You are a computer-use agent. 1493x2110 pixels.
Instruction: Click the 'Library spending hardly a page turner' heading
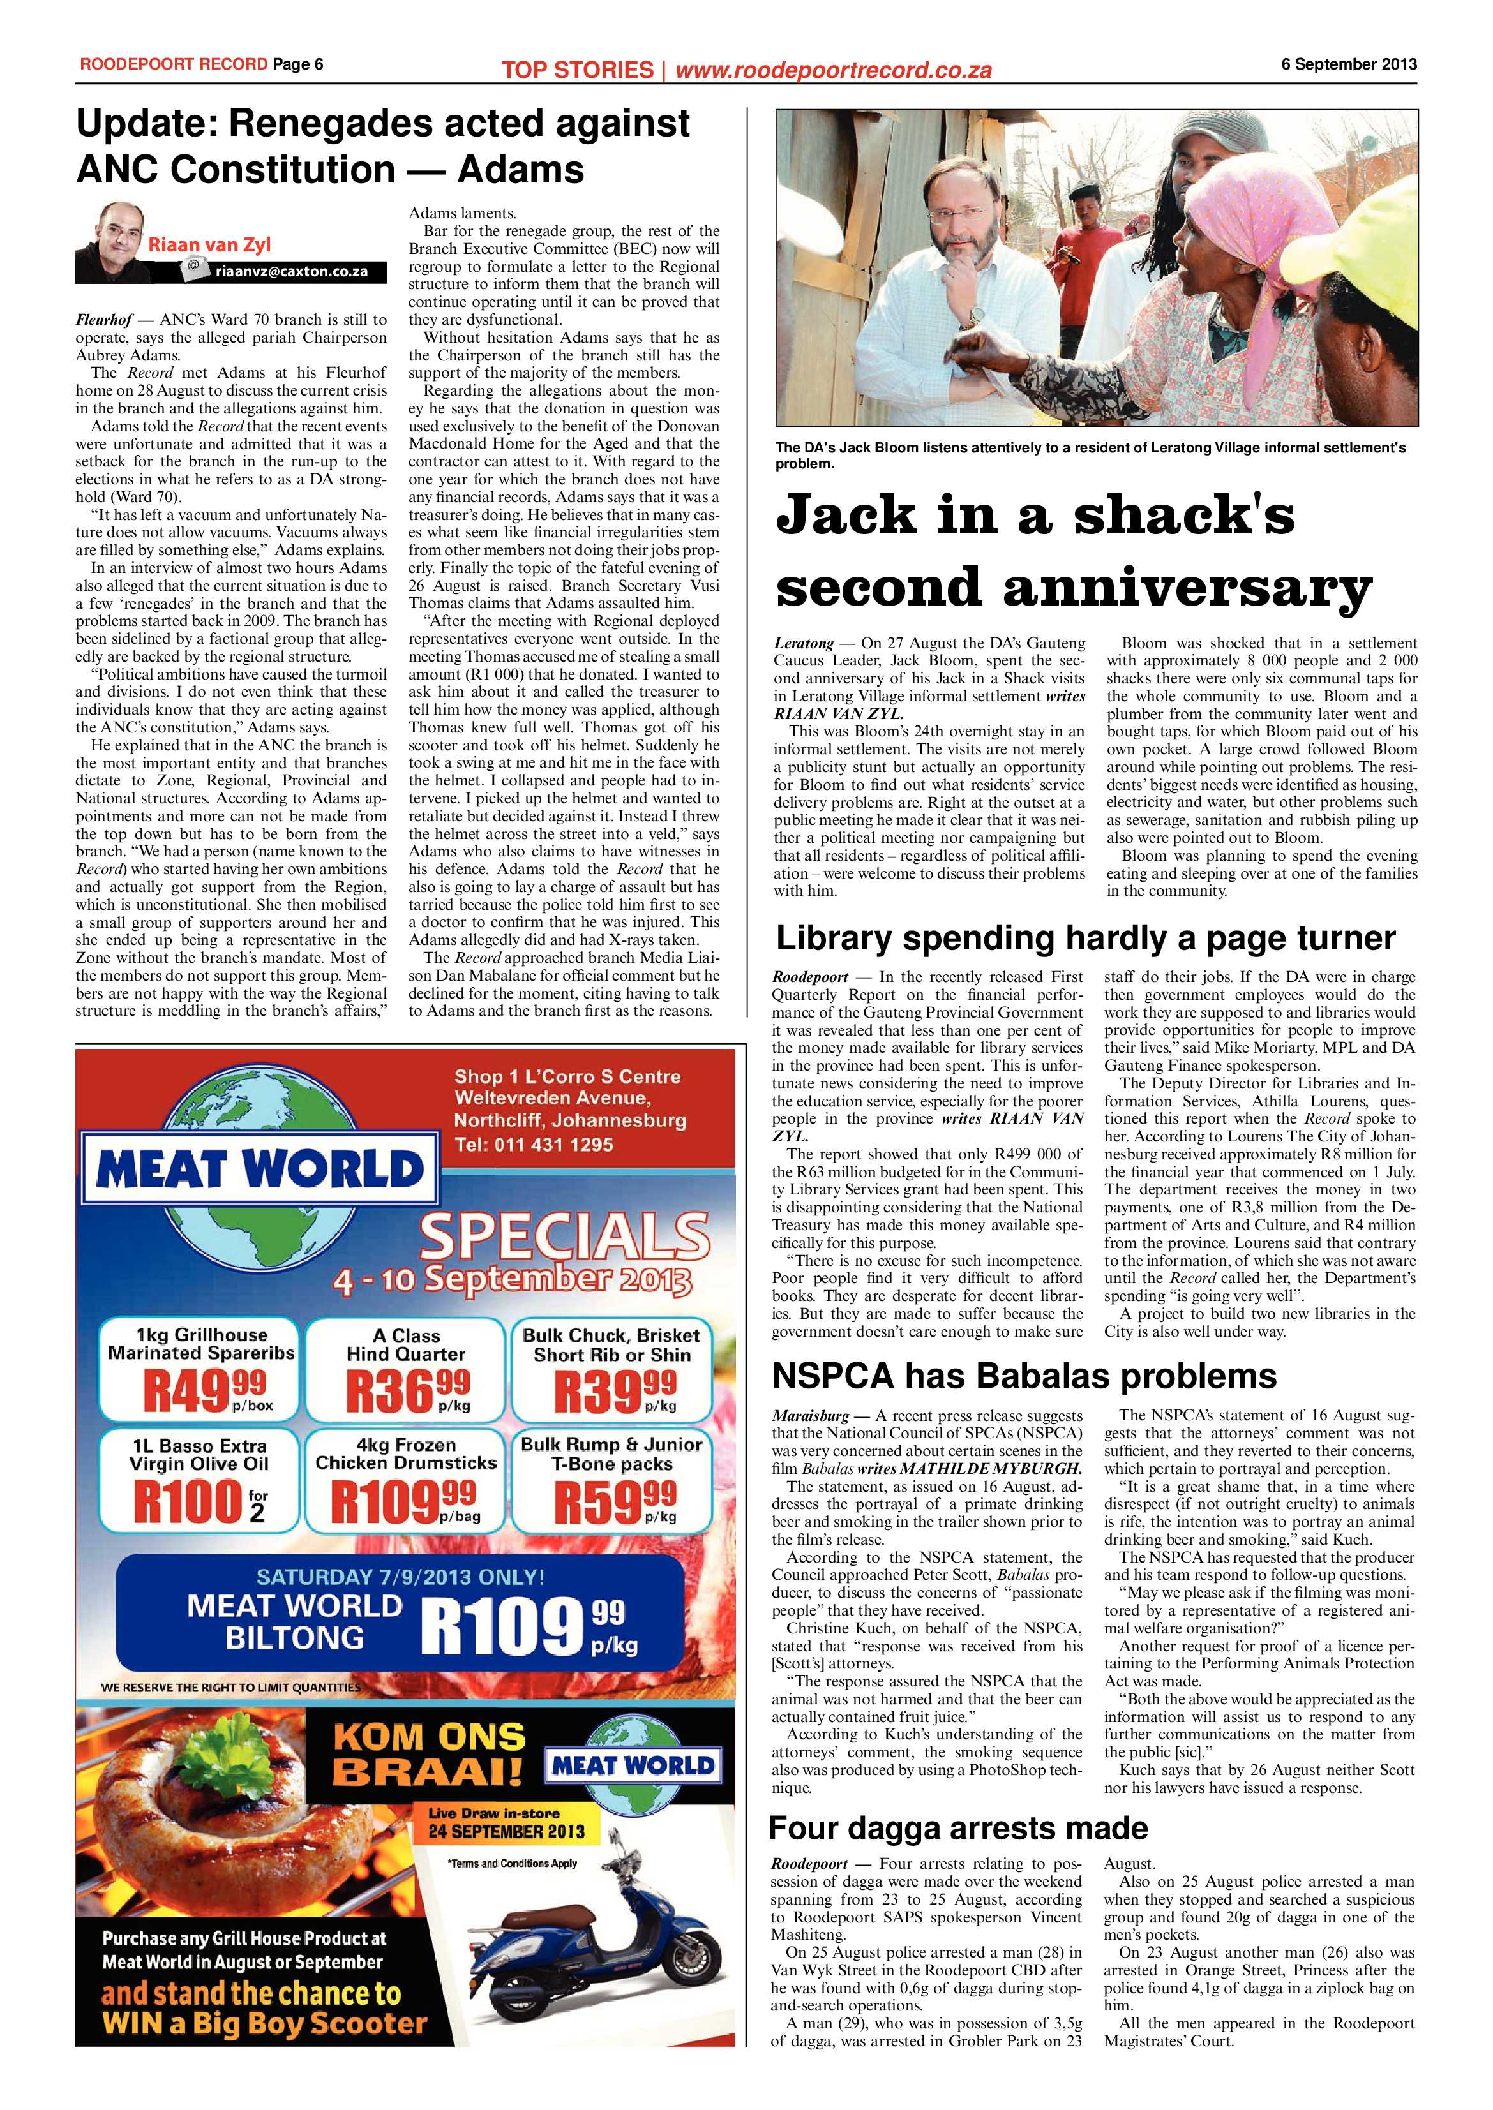[1085, 939]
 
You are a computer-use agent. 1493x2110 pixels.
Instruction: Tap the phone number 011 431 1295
[533, 1145]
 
